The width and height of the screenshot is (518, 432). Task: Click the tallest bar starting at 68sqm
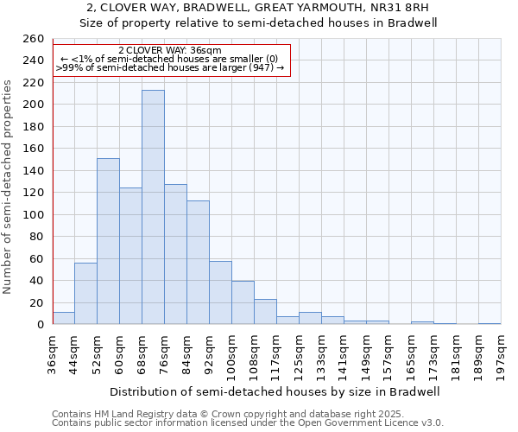[153, 207]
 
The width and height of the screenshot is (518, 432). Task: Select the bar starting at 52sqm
[108, 241]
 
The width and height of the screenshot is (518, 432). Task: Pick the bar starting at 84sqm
[198, 263]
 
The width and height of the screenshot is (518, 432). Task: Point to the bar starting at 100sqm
[243, 302]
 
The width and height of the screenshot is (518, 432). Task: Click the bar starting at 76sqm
[175, 254]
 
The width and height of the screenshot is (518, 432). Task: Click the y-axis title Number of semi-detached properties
[9, 187]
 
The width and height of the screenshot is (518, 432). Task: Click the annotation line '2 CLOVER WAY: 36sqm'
[170, 51]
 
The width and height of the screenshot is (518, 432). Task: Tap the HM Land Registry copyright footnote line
[222, 414]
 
